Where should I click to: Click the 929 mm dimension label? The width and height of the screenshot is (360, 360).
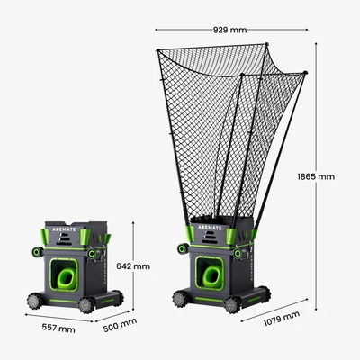pos(230,30)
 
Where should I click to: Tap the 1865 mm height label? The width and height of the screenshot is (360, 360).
pos(316,176)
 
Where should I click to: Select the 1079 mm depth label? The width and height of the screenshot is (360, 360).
pos(282,319)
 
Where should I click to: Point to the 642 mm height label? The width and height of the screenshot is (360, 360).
pos(133,266)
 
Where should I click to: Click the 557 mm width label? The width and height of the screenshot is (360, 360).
pos(58,328)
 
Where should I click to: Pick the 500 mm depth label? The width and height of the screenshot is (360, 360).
pos(120,325)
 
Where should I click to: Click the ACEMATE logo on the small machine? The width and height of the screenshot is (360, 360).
pos(64,229)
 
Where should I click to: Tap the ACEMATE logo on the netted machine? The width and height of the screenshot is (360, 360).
pos(210,228)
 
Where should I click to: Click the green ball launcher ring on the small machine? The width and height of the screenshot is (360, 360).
pos(67,279)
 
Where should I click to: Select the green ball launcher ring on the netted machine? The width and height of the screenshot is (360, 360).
pos(211,276)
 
